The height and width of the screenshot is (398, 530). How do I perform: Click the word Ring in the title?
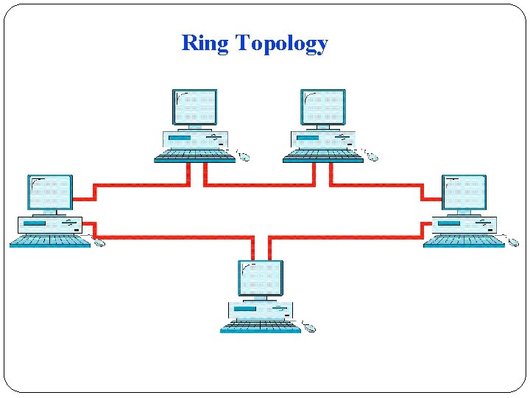(205, 43)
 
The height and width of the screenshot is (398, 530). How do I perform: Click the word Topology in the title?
(281, 44)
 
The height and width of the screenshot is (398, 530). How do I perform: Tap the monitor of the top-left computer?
(194, 107)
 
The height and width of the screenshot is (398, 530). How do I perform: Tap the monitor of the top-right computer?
(323, 107)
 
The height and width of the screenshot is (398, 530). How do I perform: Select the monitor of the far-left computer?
(50, 192)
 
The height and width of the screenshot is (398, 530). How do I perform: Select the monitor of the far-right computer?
(464, 192)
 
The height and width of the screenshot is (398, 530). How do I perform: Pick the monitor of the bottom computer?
(261, 277)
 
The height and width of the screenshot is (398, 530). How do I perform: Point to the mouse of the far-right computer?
(514, 242)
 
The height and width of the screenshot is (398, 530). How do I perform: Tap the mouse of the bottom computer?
(311, 327)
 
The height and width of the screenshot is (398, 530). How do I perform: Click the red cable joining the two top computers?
(259, 184)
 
